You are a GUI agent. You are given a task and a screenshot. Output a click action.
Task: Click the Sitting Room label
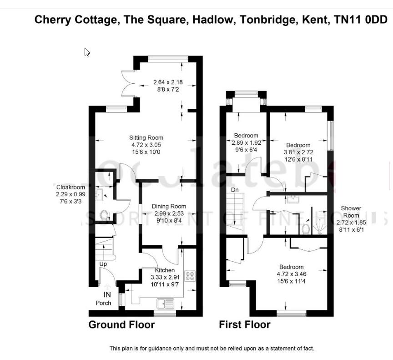tap(146, 138)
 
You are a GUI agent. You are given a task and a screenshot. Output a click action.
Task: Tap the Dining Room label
tap(169, 206)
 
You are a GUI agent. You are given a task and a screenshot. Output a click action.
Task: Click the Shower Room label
tap(351, 212)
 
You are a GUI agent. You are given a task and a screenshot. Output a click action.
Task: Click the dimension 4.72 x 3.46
tap(292, 274)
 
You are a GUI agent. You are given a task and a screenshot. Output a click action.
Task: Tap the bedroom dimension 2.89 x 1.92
tap(246, 142)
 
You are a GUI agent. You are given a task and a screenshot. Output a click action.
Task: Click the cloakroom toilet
tap(104, 215)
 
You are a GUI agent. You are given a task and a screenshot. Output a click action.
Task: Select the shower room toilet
tap(306, 227)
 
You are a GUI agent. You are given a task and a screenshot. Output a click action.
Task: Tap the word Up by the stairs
tap(104, 264)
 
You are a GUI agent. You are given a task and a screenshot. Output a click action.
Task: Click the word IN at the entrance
tap(107, 295)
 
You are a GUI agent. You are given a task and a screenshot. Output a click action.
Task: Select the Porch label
tap(103, 303)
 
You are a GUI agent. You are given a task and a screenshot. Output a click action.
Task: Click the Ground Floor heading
tap(121, 325)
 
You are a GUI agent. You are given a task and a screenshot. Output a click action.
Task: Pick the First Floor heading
tap(245, 325)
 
